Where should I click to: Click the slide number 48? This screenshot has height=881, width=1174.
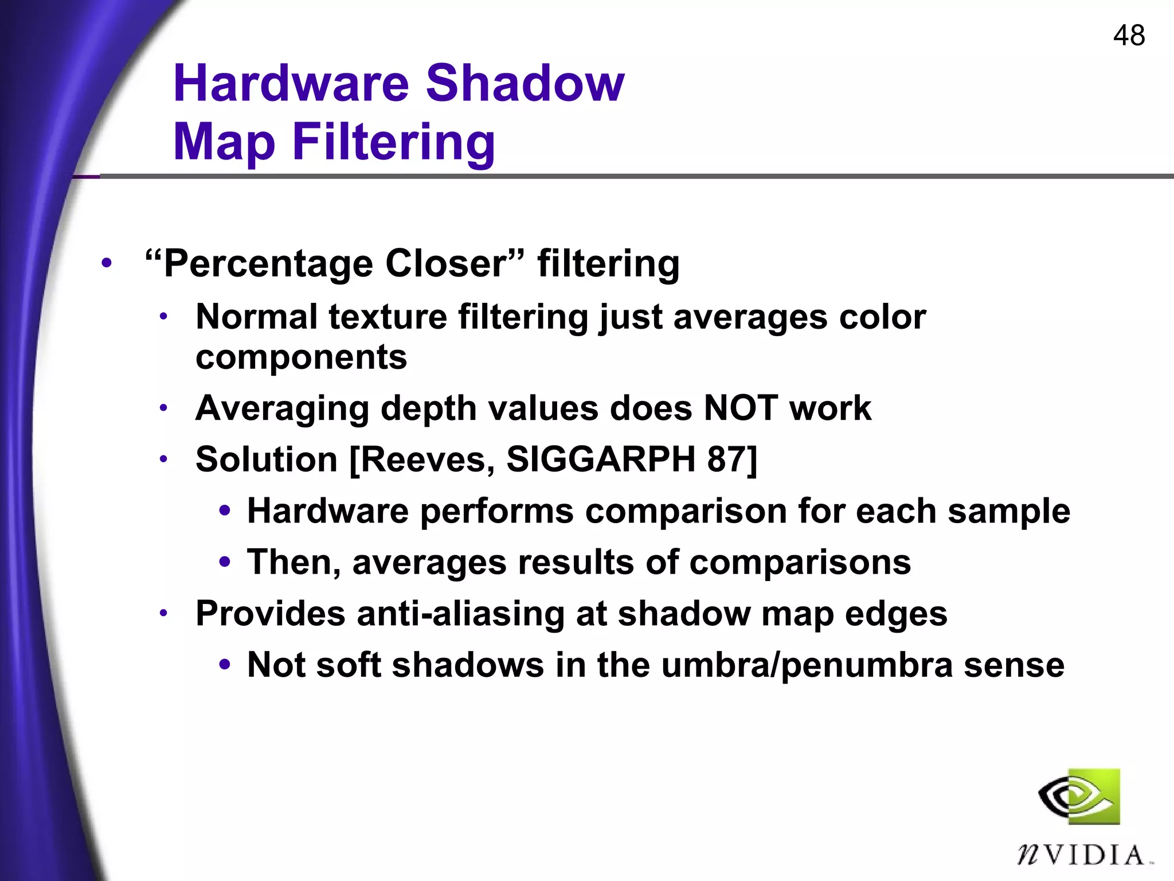tap(1129, 36)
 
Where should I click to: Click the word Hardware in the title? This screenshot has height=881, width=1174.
tap(291, 84)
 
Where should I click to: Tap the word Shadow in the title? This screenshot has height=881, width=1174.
tap(525, 84)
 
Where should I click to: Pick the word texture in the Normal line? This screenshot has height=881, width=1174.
tap(388, 317)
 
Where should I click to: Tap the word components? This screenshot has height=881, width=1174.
tap(301, 357)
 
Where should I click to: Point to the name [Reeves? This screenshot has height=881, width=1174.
tap(422, 459)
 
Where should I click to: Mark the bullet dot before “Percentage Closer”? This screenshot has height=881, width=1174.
tap(106, 264)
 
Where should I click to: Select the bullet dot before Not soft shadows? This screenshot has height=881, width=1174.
tap(225, 665)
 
